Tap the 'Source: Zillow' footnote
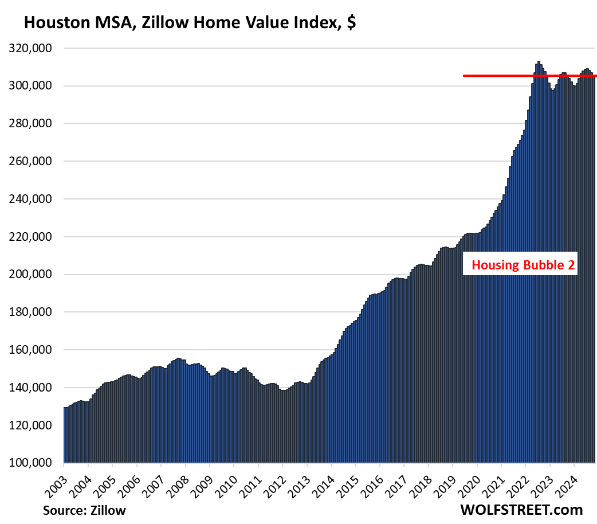(84, 510)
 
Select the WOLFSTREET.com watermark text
(521, 510)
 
